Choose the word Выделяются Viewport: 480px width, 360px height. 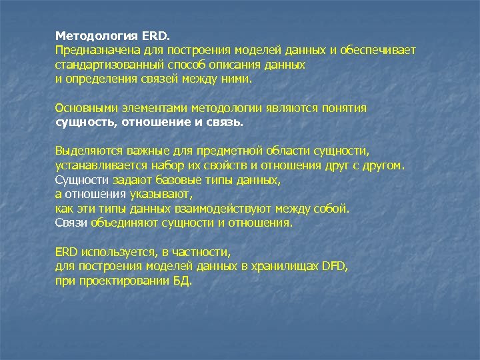83,151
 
